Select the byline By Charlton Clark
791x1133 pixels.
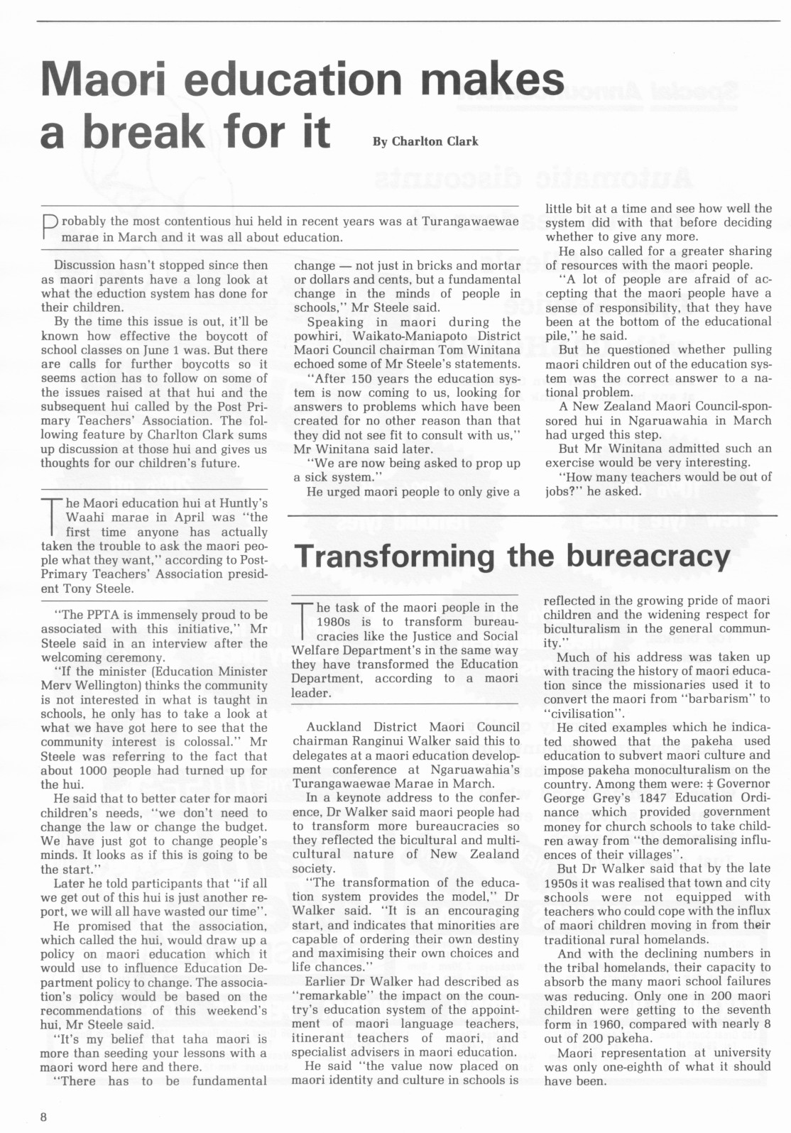coord(425,141)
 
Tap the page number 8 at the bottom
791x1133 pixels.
coord(44,1117)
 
